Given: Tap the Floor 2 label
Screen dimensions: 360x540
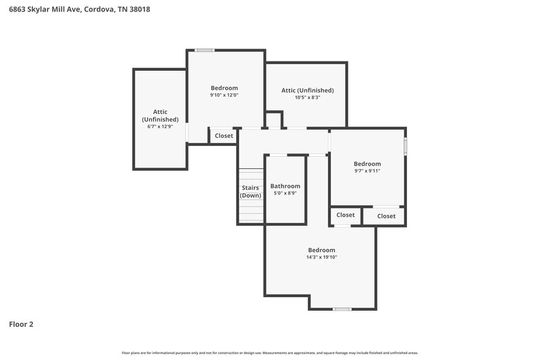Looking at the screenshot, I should point(21,324).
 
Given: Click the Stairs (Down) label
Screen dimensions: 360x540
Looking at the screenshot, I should point(250,191).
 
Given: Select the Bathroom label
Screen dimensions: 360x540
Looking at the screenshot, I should point(285,186).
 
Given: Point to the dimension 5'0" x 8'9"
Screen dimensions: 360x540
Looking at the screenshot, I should point(285,193).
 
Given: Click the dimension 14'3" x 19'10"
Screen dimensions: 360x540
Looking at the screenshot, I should point(321,257).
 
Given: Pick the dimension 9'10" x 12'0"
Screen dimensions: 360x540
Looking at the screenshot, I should point(224,95).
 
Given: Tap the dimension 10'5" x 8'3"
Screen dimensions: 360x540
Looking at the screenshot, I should point(307,97).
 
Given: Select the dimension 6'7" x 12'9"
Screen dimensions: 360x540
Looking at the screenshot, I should point(160,126).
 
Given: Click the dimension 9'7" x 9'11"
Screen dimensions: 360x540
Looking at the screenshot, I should point(367,171).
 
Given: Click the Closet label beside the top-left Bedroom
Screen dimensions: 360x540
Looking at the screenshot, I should point(224,136).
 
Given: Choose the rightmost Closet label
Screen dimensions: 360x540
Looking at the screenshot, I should point(386,216).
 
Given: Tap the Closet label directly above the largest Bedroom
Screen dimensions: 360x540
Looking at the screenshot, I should point(346,215).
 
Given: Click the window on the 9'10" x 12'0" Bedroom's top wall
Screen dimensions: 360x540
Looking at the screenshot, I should point(205,50).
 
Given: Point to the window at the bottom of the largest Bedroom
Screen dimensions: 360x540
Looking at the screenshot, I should point(342,309).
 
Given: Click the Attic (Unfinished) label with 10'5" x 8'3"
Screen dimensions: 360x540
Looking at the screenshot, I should point(307,90).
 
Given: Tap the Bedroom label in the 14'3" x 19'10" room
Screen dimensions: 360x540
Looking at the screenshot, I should point(321,249).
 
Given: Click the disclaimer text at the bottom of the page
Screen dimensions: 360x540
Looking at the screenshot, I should point(270,353).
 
